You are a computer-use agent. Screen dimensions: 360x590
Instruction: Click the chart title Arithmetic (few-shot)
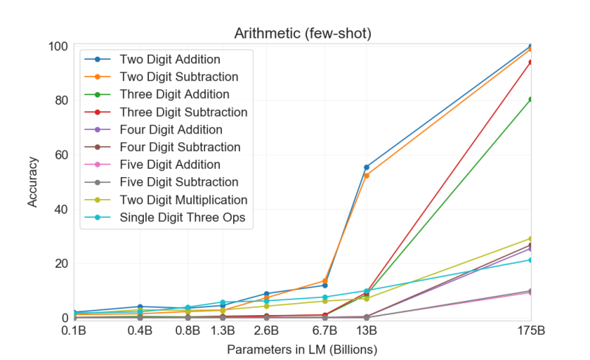pyautogui.click(x=302, y=33)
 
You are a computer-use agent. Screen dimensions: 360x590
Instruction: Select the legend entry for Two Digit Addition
pyautogui.click(x=170, y=59)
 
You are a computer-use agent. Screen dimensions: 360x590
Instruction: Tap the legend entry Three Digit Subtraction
pyautogui.click(x=183, y=112)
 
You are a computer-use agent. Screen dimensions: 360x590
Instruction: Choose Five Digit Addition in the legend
pyautogui.click(x=170, y=165)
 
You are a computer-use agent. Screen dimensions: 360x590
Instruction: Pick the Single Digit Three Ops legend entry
pyautogui.click(x=182, y=218)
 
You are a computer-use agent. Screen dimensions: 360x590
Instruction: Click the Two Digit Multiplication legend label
pyautogui.click(x=183, y=200)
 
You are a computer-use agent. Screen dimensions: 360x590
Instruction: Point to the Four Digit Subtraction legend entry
pyautogui.click(x=179, y=147)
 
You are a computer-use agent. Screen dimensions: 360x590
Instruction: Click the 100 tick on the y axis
pyautogui.click(x=58, y=46)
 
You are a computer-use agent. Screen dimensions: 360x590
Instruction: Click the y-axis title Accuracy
pyautogui.click(x=33, y=181)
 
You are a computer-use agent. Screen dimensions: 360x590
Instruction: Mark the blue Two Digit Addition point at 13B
pyautogui.click(x=367, y=167)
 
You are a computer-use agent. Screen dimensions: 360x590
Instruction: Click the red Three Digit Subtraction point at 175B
pyautogui.click(x=531, y=62)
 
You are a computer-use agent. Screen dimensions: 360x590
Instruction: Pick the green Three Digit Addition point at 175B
pyautogui.click(x=531, y=99)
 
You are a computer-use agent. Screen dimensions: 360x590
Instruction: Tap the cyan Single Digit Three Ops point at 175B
pyautogui.click(x=531, y=260)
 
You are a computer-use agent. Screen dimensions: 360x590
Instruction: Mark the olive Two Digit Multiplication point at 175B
pyautogui.click(x=531, y=238)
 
